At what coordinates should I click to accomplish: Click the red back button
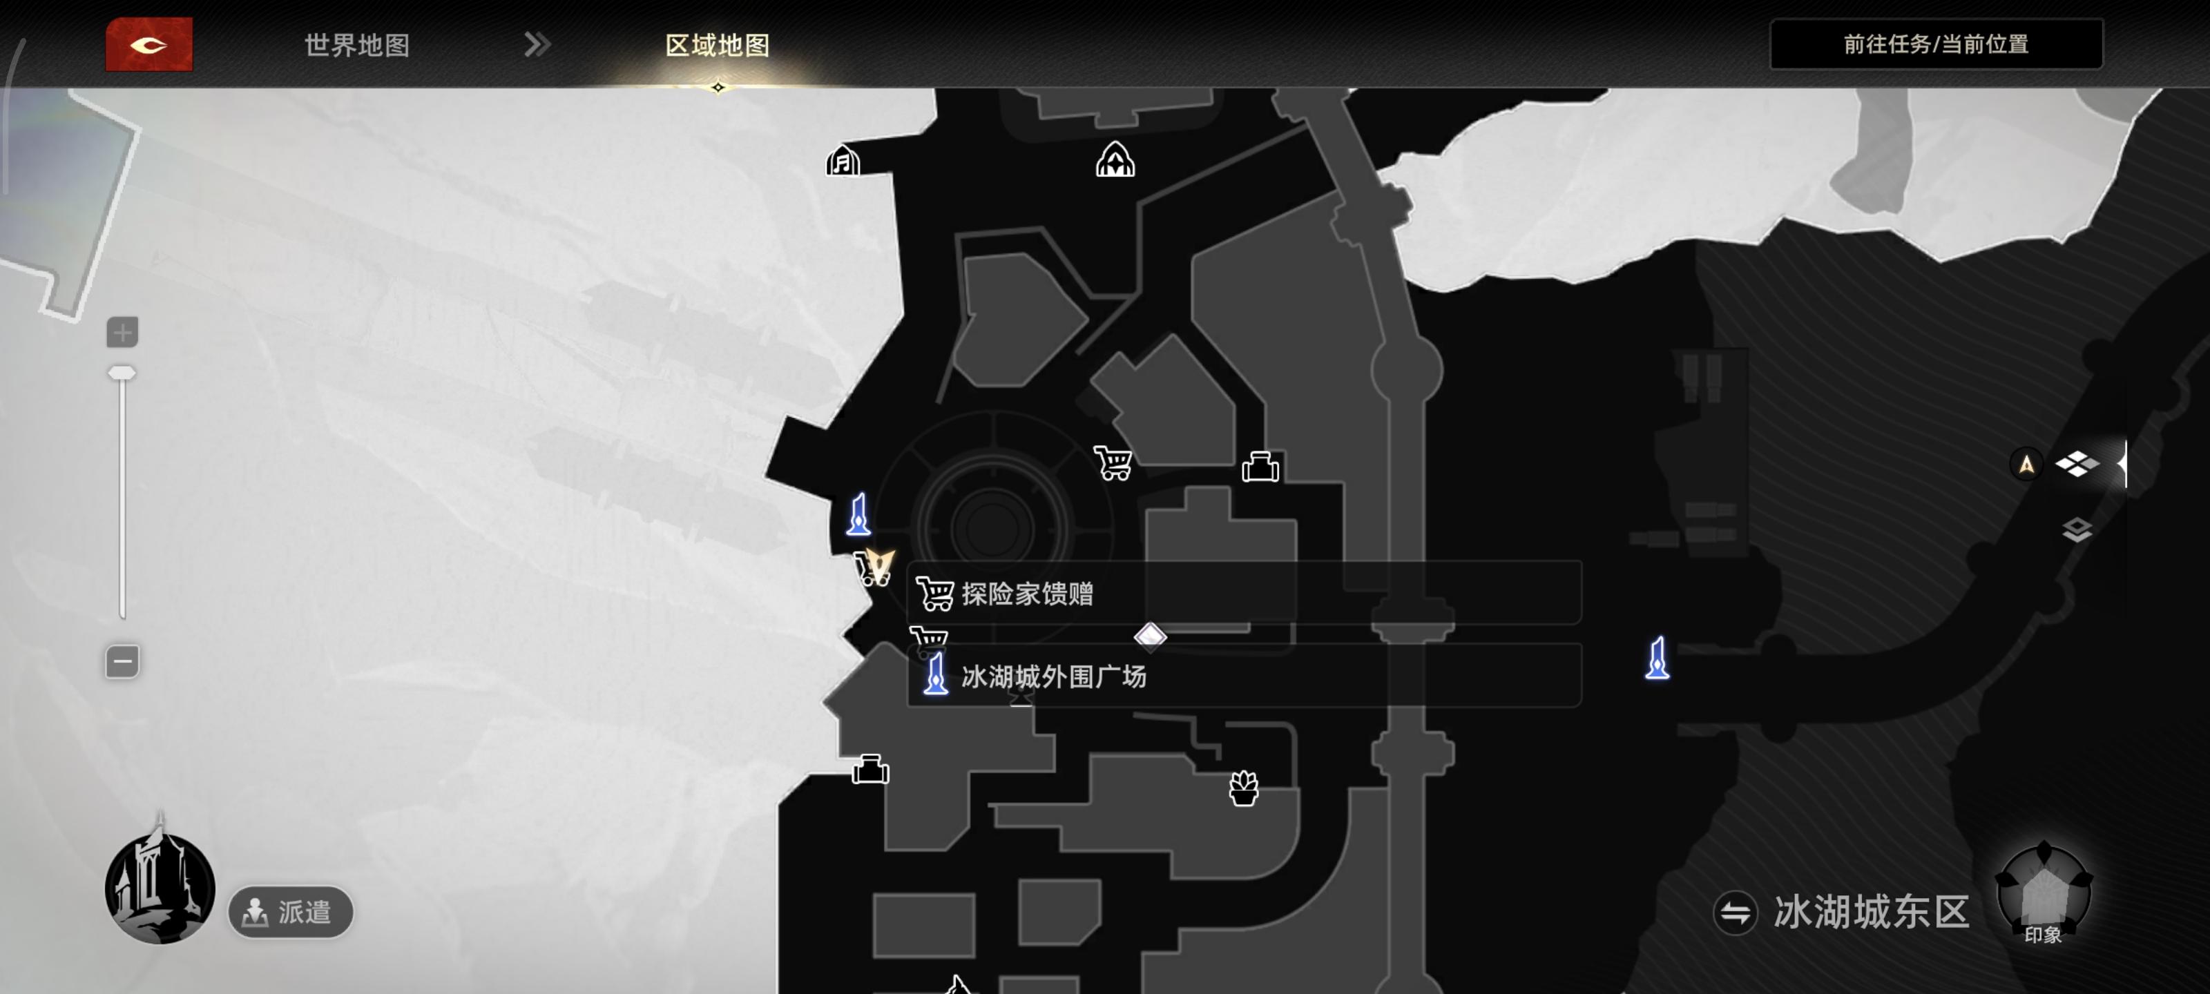[148, 45]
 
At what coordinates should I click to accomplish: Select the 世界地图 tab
[357, 46]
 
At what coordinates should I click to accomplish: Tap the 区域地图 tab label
[718, 46]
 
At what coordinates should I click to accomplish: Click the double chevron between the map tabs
[537, 45]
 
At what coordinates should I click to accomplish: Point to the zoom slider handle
[122, 373]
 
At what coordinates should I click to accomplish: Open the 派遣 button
[291, 912]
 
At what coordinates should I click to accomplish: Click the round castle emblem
[160, 888]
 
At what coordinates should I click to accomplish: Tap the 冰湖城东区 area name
[1871, 912]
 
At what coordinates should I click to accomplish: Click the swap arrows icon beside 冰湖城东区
[1735, 913]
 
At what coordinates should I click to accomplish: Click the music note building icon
[843, 160]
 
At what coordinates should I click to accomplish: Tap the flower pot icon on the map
[1243, 788]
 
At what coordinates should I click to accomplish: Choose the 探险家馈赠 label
[1027, 594]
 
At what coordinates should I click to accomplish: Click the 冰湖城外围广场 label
[1053, 676]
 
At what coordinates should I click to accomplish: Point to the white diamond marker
[1151, 636]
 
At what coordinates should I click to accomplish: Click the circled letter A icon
[2026, 465]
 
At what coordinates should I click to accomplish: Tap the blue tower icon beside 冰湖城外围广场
[936, 674]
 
